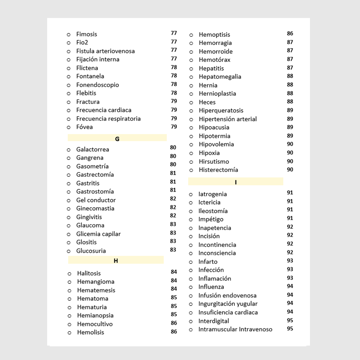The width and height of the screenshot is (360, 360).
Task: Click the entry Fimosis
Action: point(86,34)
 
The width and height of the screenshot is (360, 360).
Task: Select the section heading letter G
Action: point(117,139)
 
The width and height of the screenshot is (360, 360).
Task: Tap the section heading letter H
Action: point(116,261)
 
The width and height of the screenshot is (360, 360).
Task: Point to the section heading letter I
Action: point(235,182)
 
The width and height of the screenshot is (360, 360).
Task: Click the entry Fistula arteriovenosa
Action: point(105,51)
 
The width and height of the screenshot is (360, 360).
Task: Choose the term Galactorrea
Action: point(93,149)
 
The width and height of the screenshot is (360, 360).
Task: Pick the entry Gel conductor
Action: point(96,200)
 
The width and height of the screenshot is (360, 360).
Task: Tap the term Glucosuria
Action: point(91,251)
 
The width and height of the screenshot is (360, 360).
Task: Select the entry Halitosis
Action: point(89,273)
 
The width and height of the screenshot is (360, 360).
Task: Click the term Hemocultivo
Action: point(95,324)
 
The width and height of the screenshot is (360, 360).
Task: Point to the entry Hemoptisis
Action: point(214,35)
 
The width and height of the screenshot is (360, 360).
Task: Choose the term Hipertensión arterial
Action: point(228,119)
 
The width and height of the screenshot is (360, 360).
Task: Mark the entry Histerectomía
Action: point(218,170)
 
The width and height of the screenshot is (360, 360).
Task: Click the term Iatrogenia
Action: point(212,194)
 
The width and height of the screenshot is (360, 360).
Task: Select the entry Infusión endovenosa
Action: point(227,296)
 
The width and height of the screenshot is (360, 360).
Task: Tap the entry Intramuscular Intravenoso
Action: point(235,329)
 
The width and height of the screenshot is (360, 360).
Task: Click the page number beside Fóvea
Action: point(174,127)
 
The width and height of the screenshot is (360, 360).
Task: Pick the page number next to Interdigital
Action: point(290,320)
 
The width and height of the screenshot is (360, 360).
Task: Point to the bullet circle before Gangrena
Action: point(69,158)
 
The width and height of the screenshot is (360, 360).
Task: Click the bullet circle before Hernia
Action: point(191,86)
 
